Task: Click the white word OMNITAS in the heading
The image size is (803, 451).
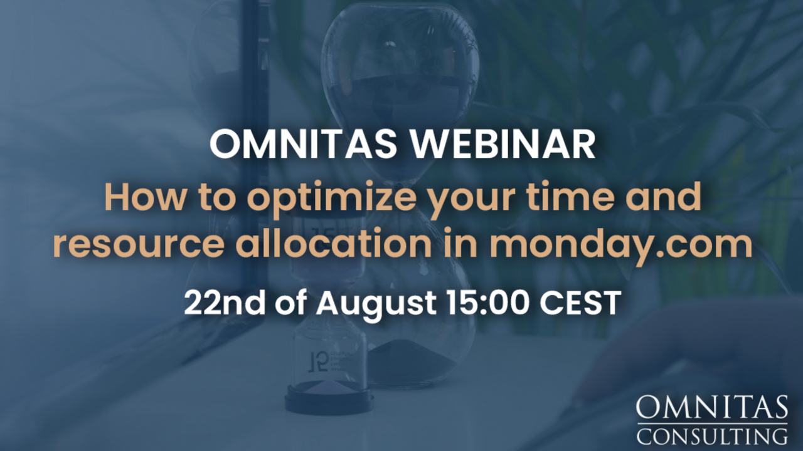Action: tap(303, 144)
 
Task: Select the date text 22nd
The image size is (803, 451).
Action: tap(225, 303)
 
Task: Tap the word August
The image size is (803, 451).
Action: tap(376, 304)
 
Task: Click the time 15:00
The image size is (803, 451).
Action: tap(489, 303)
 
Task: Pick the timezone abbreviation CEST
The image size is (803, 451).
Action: tap(580, 303)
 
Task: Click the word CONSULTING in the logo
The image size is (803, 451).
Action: tap(711, 437)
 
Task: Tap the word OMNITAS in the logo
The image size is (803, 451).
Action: tap(711, 407)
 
